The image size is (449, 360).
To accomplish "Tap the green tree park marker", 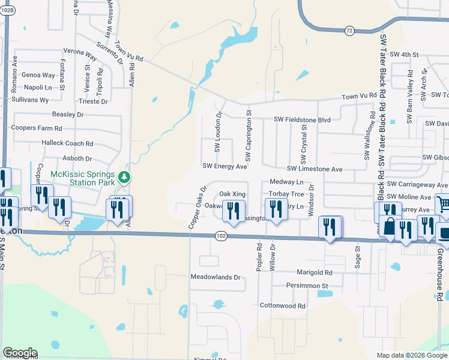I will [124, 177].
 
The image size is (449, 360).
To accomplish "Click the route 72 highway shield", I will [349, 30].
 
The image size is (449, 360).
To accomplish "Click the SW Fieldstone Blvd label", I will [303, 120].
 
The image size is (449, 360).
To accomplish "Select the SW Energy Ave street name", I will [224, 166].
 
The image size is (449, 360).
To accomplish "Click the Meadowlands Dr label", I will [215, 278].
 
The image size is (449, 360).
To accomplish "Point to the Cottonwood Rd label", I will [282, 305].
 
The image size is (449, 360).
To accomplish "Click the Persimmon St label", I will [307, 286].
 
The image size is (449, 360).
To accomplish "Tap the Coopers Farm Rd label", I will [37, 128].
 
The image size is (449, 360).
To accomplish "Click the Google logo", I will [20, 353].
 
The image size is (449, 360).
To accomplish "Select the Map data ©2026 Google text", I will [411, 355].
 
